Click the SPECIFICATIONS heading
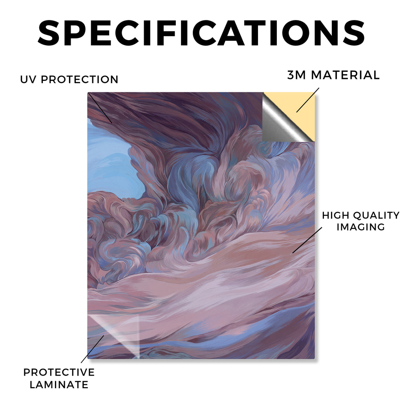tap(201, 33)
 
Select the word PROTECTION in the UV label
tap(79, 79)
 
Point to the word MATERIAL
tap(345, 75)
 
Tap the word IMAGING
tap(361, 227)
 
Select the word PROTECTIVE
tap(59, 372)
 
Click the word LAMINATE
tap(59, 385)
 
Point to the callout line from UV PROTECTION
tap(100, 108)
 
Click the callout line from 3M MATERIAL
tap(308, 100)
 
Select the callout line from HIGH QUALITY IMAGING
tap(307, 240)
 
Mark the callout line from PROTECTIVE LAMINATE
tap(93, 349)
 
